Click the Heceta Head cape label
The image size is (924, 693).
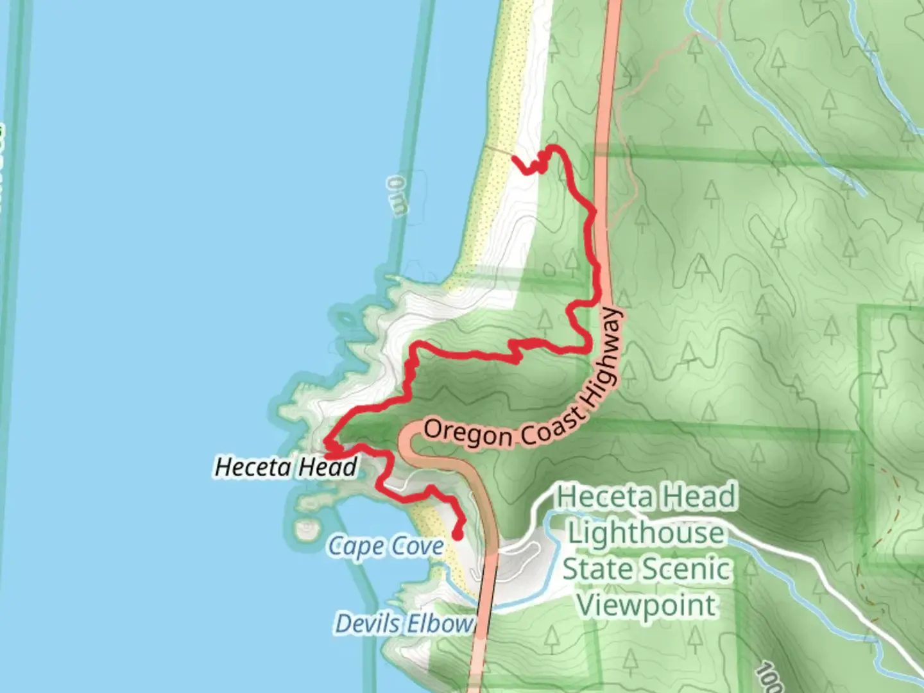click(286, 466)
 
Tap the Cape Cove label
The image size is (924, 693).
click(386, 547)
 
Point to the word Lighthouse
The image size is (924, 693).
click(646, 533)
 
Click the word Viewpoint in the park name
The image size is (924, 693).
click(647, 605)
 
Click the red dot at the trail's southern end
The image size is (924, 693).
click(458, 534)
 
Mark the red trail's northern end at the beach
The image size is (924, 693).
click(515, 158)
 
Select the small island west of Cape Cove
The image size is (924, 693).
click(307, 529)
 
